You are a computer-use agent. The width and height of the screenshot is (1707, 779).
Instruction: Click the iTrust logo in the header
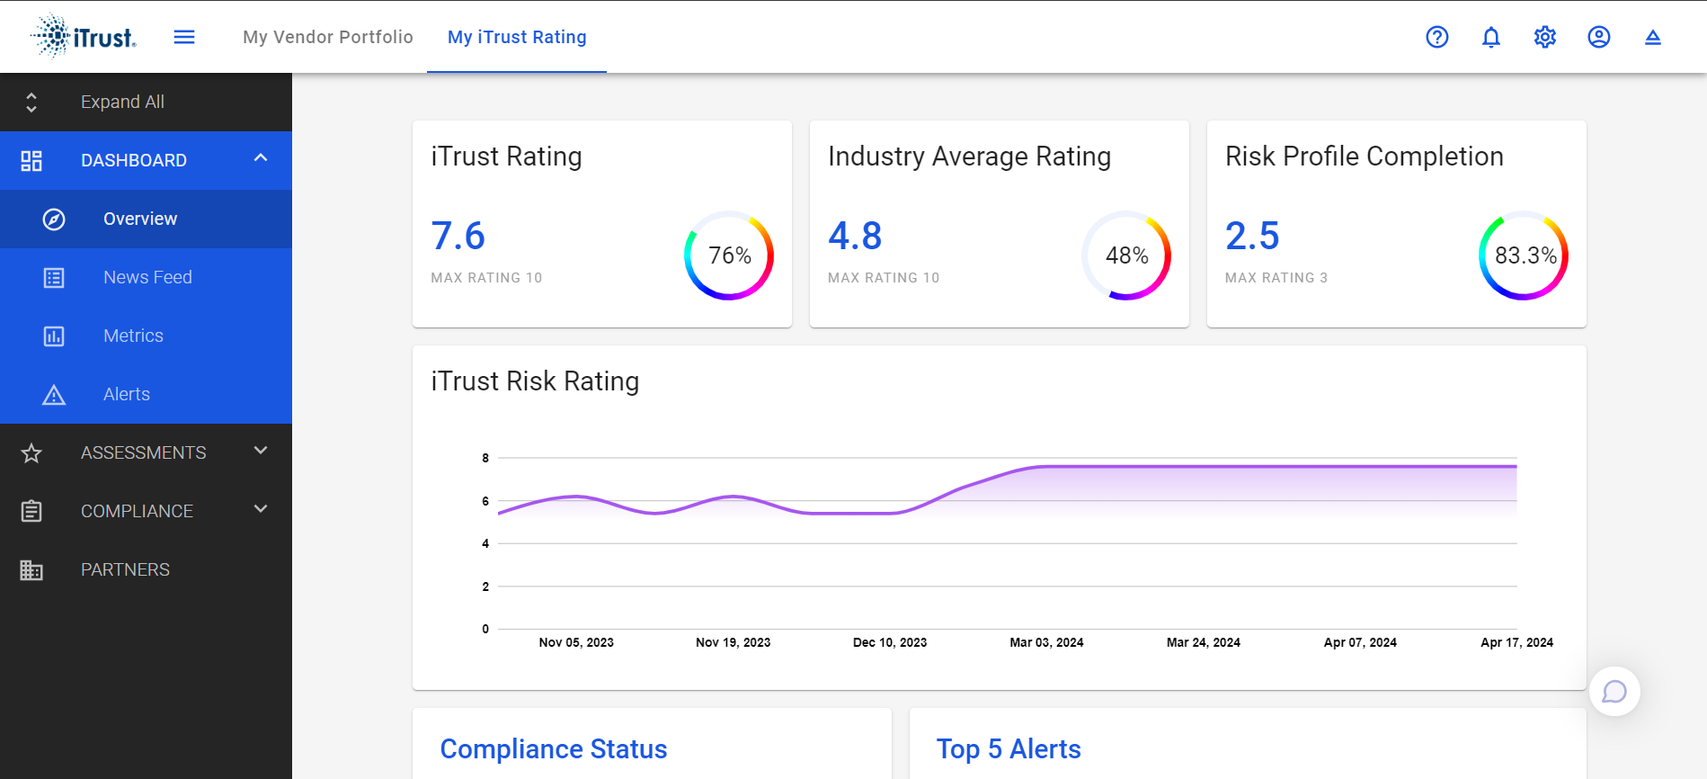point(84,37)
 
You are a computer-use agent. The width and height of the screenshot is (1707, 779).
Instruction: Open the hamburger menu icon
point(184,37)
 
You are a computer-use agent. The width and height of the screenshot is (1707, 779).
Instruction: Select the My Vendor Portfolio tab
point(328,37)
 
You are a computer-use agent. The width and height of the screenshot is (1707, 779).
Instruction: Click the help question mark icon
point(1437,37)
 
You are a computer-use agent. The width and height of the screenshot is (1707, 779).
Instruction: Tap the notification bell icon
point(1491,37)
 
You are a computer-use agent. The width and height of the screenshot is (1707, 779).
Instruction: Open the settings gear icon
point(1545,37)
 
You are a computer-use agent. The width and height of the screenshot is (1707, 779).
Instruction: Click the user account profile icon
point(1599,37)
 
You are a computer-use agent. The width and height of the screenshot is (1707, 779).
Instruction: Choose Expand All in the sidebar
point(122,102)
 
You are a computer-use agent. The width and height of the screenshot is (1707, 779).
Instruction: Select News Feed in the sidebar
point(147,277)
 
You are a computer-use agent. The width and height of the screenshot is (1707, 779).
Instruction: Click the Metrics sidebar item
point(133,336)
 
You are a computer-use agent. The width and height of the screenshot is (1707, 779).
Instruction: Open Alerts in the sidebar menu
point(127,394)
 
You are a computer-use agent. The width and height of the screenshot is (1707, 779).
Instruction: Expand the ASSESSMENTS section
point(144,452)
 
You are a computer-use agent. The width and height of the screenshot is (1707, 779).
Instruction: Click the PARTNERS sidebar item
point(125,569)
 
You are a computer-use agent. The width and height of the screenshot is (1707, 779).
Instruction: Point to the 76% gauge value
point(730,255)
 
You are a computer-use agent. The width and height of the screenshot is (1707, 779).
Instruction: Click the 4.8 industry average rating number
point(855,236)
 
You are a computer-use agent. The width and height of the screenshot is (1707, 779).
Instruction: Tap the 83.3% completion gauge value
point(1525,255)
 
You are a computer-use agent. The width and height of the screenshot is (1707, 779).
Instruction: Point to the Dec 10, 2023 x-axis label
point(890,642)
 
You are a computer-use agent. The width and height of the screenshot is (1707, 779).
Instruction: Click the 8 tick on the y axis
point(485,458)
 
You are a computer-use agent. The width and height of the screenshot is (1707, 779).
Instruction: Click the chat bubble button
point(1614,691)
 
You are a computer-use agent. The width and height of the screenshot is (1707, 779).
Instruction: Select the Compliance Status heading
point(554,748)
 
